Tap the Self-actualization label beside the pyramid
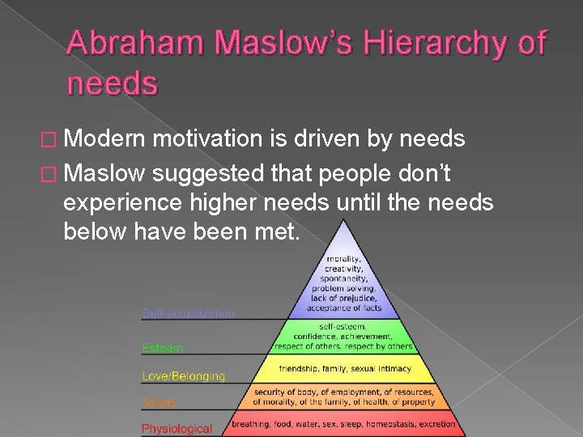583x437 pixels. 189,313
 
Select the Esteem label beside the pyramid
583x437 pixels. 163,348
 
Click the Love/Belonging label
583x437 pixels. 184,375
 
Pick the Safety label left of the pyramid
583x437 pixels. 160,402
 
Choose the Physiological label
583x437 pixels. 177,428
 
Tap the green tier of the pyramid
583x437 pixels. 344,336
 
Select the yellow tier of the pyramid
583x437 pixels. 345,369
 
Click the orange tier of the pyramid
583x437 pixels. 344,396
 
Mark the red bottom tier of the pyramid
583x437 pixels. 344,424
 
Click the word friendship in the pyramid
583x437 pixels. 301,369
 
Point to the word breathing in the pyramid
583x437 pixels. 251,424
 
